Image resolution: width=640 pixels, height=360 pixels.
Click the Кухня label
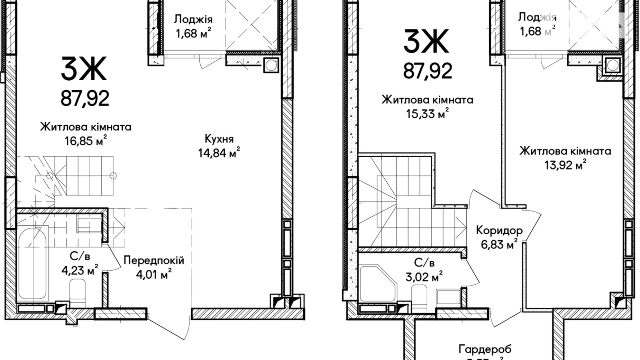pos(219,139)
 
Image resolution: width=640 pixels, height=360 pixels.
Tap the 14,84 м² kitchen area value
pos(219,152)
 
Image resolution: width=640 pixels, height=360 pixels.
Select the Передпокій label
pos(154,260)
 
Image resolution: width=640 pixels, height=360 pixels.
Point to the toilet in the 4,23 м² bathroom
pos(77,293)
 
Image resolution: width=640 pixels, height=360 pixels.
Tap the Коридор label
pos(499,230)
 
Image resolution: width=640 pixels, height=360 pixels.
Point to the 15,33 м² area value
pos(427,113)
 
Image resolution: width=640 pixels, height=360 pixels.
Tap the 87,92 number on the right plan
pos(427,71)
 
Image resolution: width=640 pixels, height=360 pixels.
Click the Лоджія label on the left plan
pos(193,19)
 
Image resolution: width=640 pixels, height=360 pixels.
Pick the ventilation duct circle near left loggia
pos(271,65)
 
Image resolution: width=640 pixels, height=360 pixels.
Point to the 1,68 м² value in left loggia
pos(193,33)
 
